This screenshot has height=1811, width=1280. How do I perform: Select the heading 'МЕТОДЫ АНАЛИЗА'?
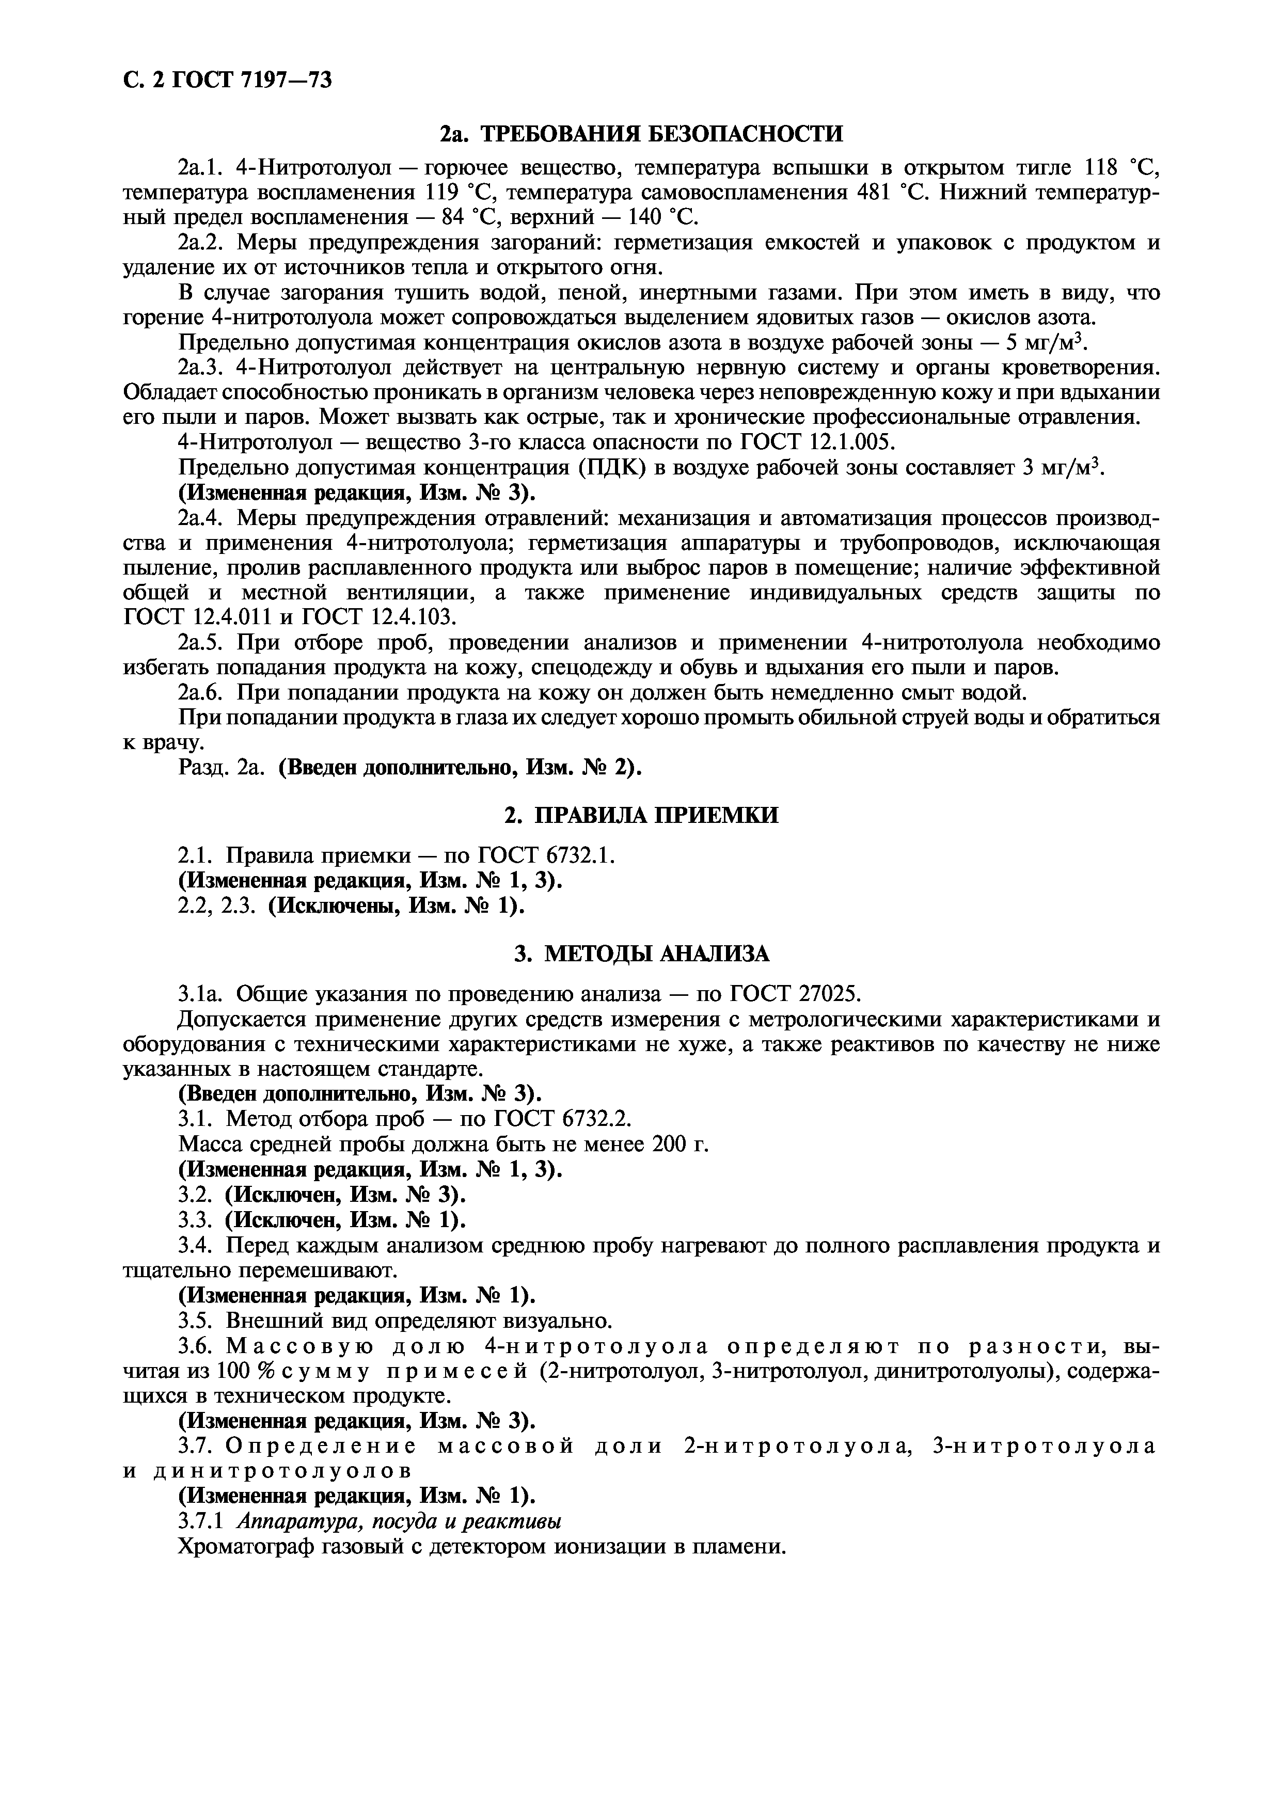pos(657,954)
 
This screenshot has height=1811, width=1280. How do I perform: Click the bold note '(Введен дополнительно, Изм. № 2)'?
pos(461,768)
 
